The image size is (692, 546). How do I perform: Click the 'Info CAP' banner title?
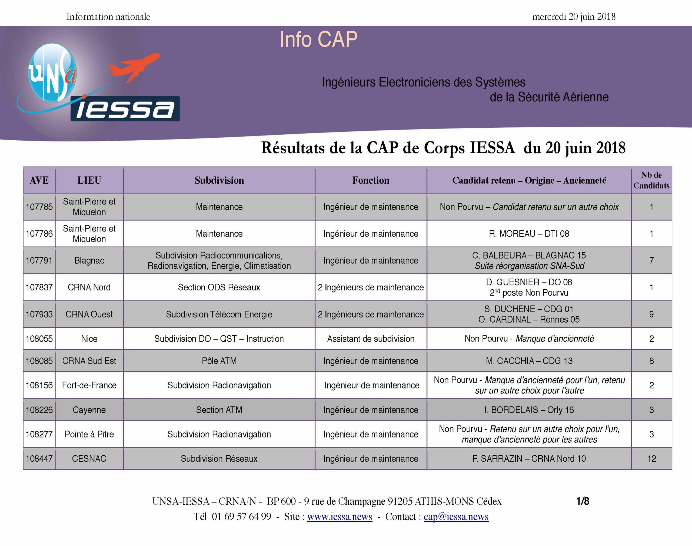click(x=318, y=40)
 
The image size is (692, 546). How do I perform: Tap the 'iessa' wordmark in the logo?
click(x=125, y=109)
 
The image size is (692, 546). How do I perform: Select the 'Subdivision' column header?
click(x=219, y=180)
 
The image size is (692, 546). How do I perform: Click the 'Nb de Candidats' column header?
click(x=651, y=180)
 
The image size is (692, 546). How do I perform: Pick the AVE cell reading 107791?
click(x=39, y=260)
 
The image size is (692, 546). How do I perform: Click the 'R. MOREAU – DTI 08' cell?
click(x=529, y=234)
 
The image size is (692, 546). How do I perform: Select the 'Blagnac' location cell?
click(x=89, y=260)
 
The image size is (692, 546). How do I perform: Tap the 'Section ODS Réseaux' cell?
click(x=219, y=287)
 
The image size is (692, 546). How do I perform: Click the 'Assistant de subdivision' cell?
click(x=371, y=339)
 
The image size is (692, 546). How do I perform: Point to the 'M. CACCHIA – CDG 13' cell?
click(x=529, y=361)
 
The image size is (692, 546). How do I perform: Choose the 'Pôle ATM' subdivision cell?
click(x=219, y=361)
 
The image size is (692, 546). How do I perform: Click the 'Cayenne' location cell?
click(x=89, y=410)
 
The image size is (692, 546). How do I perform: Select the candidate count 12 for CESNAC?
click(x=651, y=459)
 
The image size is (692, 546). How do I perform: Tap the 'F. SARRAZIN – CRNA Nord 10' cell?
click(x=529, y=459)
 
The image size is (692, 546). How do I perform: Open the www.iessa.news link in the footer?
click(x=340, y=517)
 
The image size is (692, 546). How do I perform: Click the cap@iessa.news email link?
click(x=456, y=517)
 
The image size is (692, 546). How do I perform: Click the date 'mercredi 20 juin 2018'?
click(x=574, y=16)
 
